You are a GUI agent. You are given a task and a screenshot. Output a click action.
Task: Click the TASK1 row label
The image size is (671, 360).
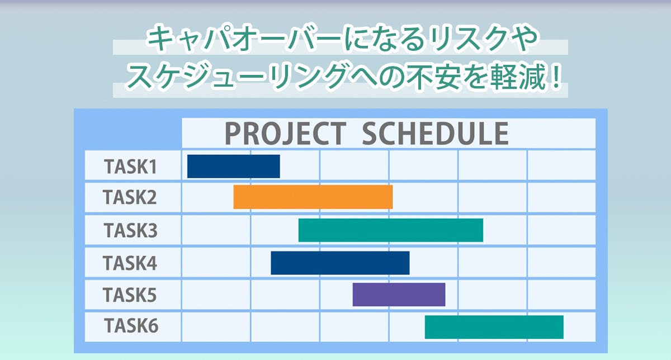(130, 167)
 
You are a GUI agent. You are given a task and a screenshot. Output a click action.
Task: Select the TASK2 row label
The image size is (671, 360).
(130, 197)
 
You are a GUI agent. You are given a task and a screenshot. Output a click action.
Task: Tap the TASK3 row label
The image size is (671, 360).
(131, 230)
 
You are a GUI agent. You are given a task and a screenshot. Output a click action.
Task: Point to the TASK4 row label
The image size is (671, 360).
(130, 263)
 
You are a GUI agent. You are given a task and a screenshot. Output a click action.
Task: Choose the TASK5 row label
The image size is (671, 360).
(130, 295)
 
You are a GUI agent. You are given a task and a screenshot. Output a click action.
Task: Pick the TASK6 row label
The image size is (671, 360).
(131, 325)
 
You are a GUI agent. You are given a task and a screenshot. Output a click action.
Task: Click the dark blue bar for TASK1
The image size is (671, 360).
(234, 166)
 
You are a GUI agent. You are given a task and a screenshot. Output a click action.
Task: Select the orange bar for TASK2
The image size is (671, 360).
(313, 197)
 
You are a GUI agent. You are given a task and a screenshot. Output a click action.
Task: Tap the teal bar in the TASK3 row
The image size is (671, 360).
(391, 230)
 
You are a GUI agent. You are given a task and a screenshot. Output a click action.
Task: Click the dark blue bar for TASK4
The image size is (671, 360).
(340, 263)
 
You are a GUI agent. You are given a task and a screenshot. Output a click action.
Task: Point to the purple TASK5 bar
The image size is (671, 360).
(399, 295)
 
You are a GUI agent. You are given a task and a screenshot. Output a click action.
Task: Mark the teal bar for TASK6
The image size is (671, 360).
(494, 327)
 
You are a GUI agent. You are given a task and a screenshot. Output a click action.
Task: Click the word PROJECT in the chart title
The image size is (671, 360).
(286, 134)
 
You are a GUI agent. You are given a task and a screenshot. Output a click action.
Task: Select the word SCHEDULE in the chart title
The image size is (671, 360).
(435, 134)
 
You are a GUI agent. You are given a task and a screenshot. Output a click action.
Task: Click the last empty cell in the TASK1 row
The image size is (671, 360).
(561, 165)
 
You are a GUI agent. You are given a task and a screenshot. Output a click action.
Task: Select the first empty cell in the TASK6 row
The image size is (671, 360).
(216, 327)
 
